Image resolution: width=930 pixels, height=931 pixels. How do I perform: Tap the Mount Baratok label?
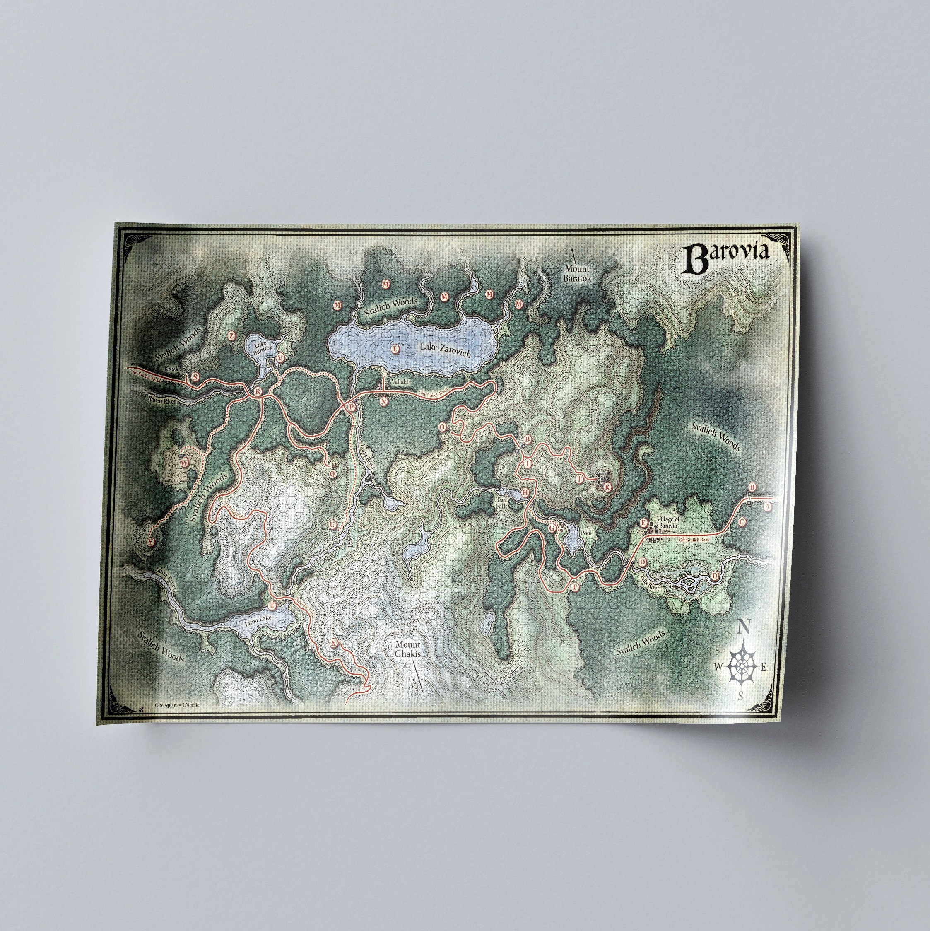[577, 273]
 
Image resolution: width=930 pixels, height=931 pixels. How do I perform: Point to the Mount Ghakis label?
[408, 649]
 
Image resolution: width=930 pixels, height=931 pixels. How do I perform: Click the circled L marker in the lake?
[395, 348]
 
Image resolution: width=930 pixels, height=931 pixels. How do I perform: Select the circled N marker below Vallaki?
[383, 400]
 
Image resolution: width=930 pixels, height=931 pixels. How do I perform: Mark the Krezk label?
[171, 368]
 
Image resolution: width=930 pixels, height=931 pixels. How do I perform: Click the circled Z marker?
[232, 336]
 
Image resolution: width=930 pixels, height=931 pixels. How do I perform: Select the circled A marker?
[768, 507]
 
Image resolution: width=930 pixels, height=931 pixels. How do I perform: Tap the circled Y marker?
[151, 542]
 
